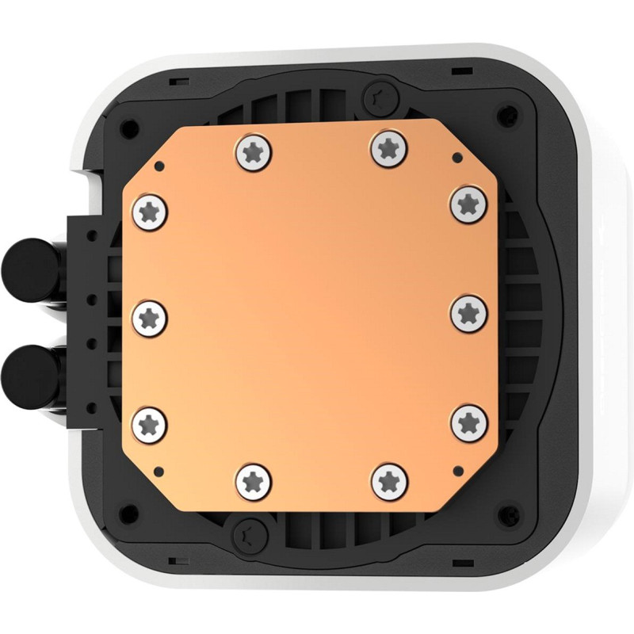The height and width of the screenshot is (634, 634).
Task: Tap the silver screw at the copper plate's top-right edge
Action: click(387, 146)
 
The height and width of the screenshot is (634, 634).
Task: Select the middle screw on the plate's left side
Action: click(150, 317)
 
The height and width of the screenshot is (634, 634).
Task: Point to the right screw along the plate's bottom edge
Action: click(388, 478)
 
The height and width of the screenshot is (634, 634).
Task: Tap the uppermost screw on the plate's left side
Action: click(151, 210)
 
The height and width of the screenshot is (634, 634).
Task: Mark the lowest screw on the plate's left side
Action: click(150, 421)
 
